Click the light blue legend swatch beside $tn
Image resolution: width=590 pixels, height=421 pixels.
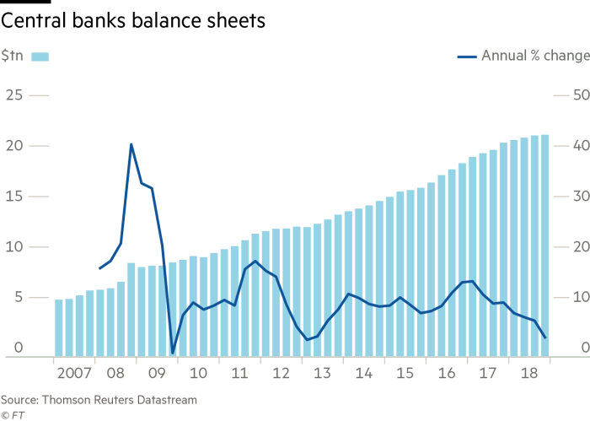coord(41,57)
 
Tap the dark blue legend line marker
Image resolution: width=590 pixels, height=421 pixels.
coord(467,57)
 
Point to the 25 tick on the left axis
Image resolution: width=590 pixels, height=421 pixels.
coord(14,95)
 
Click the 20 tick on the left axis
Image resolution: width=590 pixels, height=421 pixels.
coord(14,146)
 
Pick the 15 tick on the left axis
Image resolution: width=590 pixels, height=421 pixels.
coord(14,197)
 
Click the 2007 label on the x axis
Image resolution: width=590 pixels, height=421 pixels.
coord(73,373)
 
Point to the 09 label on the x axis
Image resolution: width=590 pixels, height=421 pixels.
coord(157,373)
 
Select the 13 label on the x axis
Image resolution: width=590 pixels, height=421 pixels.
coord(322,373)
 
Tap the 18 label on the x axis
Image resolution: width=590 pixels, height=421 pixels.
coord(529,373)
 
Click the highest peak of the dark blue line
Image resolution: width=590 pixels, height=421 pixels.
coord(131,144)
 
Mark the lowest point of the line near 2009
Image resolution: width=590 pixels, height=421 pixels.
coord(172,352)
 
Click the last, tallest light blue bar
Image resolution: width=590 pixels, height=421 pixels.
coord(545,245)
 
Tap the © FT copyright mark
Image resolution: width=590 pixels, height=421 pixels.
coord(12,414)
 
